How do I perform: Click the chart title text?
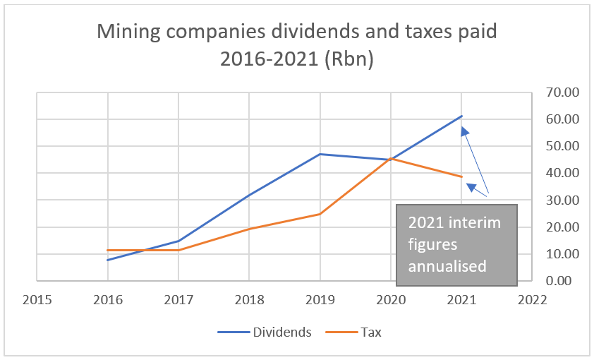pos(297,45)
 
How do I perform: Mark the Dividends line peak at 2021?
pos(461,116)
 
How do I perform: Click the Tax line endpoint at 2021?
pos(461,176)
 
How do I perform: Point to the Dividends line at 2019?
pos(320,154)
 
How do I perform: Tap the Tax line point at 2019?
pos(320,214)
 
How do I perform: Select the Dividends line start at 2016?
pos(108,260)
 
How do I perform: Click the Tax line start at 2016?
pos(108,251)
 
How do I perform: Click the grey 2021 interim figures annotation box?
pos(456,245)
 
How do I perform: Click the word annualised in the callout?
pos(448,266)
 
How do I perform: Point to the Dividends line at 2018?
pos(249,195)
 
